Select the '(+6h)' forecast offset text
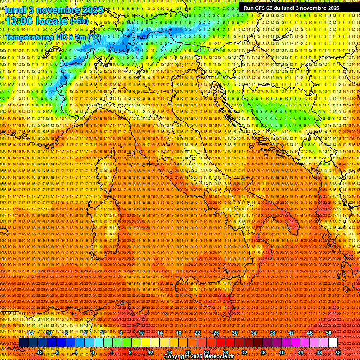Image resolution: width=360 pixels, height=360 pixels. (79, 21)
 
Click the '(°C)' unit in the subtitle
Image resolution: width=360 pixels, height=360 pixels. (93, 37)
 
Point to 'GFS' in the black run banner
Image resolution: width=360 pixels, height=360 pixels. (261, 8)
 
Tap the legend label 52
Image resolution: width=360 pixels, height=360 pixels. (337, 352)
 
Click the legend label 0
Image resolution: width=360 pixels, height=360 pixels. (93, 352)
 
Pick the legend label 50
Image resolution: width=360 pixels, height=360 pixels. (328, 333)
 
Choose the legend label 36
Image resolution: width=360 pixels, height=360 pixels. (262, 352)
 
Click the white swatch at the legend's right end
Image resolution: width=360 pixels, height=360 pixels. (333, 343)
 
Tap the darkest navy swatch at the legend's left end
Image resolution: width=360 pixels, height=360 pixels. (23, 343)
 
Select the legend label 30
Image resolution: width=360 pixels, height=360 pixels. (235, 333)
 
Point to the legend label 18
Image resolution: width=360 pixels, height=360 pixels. (179, 333)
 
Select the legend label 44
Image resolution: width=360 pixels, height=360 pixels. (300, 352)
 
